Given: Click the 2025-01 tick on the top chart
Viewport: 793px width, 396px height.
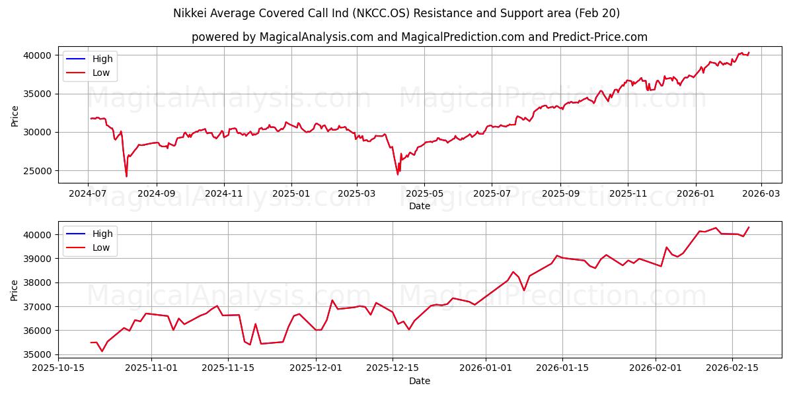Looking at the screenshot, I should (291, 193).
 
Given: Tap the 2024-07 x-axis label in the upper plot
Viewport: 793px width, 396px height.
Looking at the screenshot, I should (89, 193).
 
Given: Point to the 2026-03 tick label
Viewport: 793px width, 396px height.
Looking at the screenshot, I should (761, 193).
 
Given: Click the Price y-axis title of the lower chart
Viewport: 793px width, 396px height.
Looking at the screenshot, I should (15, 290).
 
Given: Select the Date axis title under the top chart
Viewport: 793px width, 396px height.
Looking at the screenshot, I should (419, 206).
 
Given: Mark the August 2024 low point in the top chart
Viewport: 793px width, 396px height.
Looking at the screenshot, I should (126, 176).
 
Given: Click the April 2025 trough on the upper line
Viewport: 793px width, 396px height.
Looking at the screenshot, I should (397, 174).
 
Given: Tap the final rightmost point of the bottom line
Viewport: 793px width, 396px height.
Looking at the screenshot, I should (749, 227).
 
